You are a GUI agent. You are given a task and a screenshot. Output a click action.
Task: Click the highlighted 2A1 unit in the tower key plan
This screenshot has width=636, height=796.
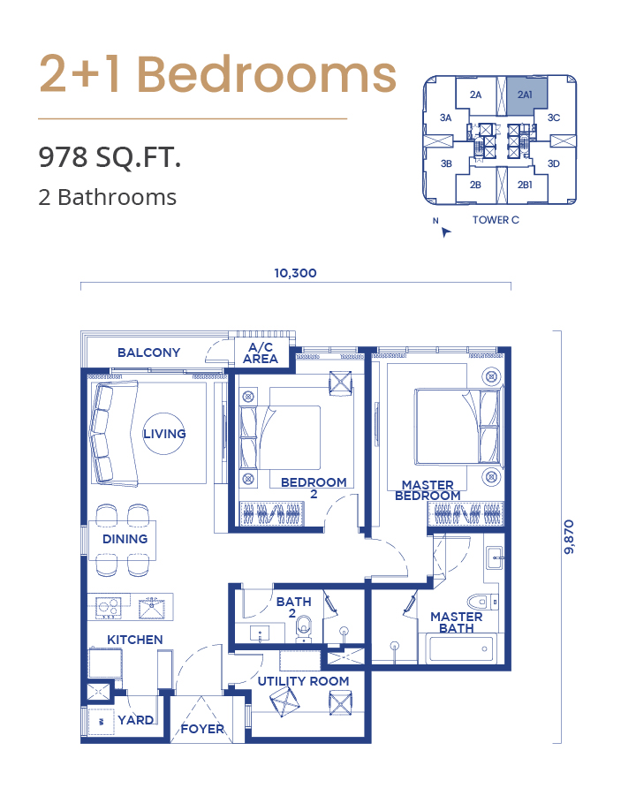click(527, 93)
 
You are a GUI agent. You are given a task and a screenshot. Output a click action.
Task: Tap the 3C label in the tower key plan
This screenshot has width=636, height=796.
click(554, 118)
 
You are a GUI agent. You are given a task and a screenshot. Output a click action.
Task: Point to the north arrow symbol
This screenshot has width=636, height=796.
click(445, 232)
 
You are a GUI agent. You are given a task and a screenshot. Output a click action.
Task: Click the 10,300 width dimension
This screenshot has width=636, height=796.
click(295, 273)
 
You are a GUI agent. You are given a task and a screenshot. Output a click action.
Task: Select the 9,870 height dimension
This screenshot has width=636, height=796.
click(569, 536)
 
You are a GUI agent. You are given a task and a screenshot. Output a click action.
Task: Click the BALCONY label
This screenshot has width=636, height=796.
click(148, 353)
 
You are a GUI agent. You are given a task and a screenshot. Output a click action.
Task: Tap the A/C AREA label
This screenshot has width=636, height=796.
click(261, 353)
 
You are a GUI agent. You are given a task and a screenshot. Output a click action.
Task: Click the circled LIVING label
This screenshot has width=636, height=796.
click(164, 434)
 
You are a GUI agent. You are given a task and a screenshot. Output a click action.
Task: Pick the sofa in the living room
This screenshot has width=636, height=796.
click(114, 432)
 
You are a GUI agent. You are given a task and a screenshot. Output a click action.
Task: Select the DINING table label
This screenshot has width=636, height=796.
click(125, 539)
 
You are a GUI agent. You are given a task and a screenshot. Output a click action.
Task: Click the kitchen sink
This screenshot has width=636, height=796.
click(151, 607)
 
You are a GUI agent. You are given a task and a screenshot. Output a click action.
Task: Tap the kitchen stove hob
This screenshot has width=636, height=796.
click(108, 607)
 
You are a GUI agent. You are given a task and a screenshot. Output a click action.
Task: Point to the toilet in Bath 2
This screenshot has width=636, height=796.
click(304, 627)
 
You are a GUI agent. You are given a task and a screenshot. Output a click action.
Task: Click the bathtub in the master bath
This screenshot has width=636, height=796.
click(462, 648)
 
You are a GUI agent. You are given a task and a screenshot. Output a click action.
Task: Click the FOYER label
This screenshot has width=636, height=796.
click(202, 729)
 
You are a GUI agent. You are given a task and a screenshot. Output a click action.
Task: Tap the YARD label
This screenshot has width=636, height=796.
click(135, 720)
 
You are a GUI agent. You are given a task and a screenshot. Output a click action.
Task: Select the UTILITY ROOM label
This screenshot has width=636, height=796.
click(303, 681)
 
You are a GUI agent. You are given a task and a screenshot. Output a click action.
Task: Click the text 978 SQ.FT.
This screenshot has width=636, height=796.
click(110, 157)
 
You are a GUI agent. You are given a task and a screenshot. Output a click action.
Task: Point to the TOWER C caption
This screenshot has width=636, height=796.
click(496, 220)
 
